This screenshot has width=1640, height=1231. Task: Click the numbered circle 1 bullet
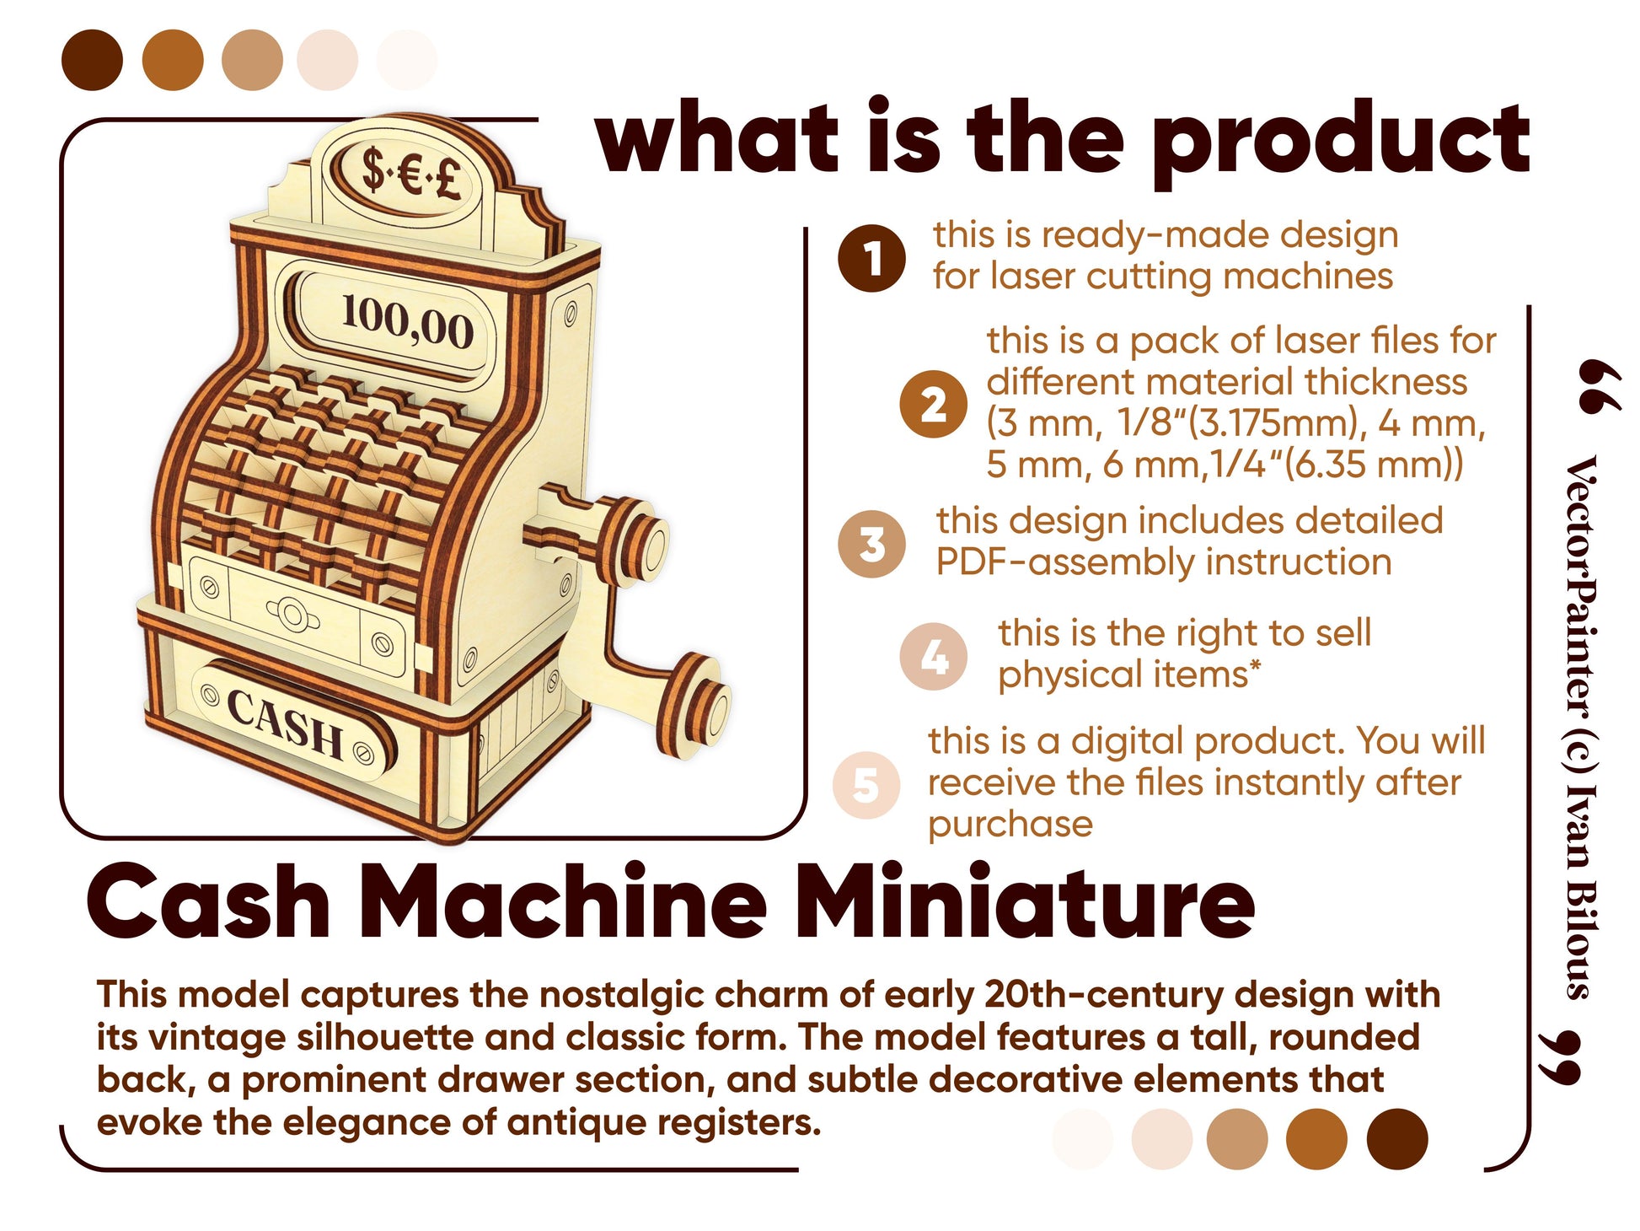871,258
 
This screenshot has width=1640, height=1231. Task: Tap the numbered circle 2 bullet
933,404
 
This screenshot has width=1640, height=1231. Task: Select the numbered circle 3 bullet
871,544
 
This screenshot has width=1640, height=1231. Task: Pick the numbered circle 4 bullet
933,656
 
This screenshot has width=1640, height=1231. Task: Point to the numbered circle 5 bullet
866,784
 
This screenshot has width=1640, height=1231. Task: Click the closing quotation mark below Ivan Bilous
1559,1056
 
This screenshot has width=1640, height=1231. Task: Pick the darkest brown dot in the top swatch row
93,60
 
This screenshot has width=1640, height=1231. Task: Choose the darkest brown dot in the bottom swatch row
1397,1139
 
